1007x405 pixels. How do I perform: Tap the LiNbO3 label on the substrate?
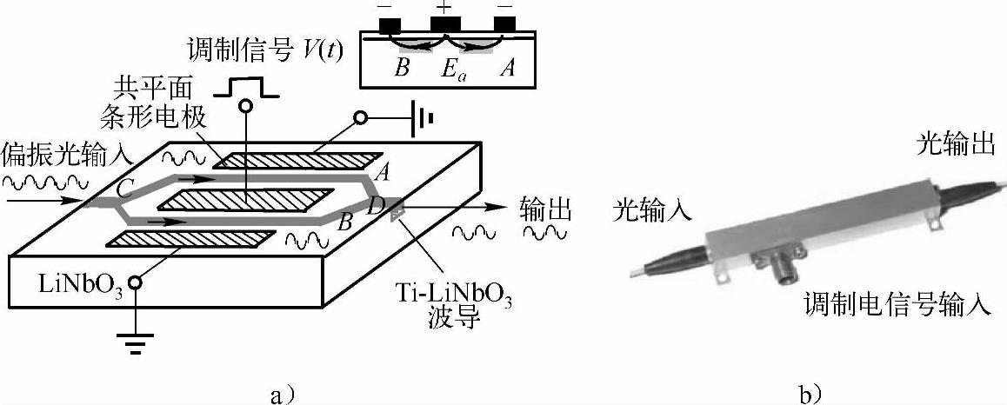coord(78,283)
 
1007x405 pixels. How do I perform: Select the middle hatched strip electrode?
coord(247,201)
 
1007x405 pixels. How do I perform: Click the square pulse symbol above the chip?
coord(244,86)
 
